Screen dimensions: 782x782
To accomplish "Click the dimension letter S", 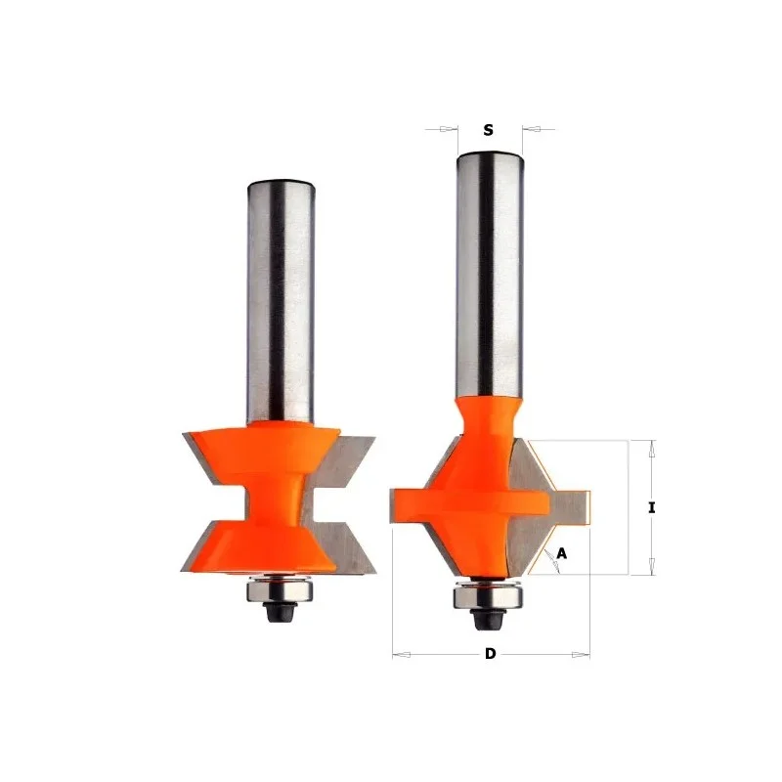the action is (x=488, y=130).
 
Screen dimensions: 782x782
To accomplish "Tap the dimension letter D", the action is (x=491, y=653).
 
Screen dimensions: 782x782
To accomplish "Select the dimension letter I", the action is (x=651, y=507).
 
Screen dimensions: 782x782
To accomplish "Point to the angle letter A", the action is (x=561, y=553).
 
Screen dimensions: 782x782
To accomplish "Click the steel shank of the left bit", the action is (x=281, y=302).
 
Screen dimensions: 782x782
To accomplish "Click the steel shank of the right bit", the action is (x=490, y=276).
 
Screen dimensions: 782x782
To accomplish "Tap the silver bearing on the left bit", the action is (x=281, y=591).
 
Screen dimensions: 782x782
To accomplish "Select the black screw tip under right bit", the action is (x=487, y=619).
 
